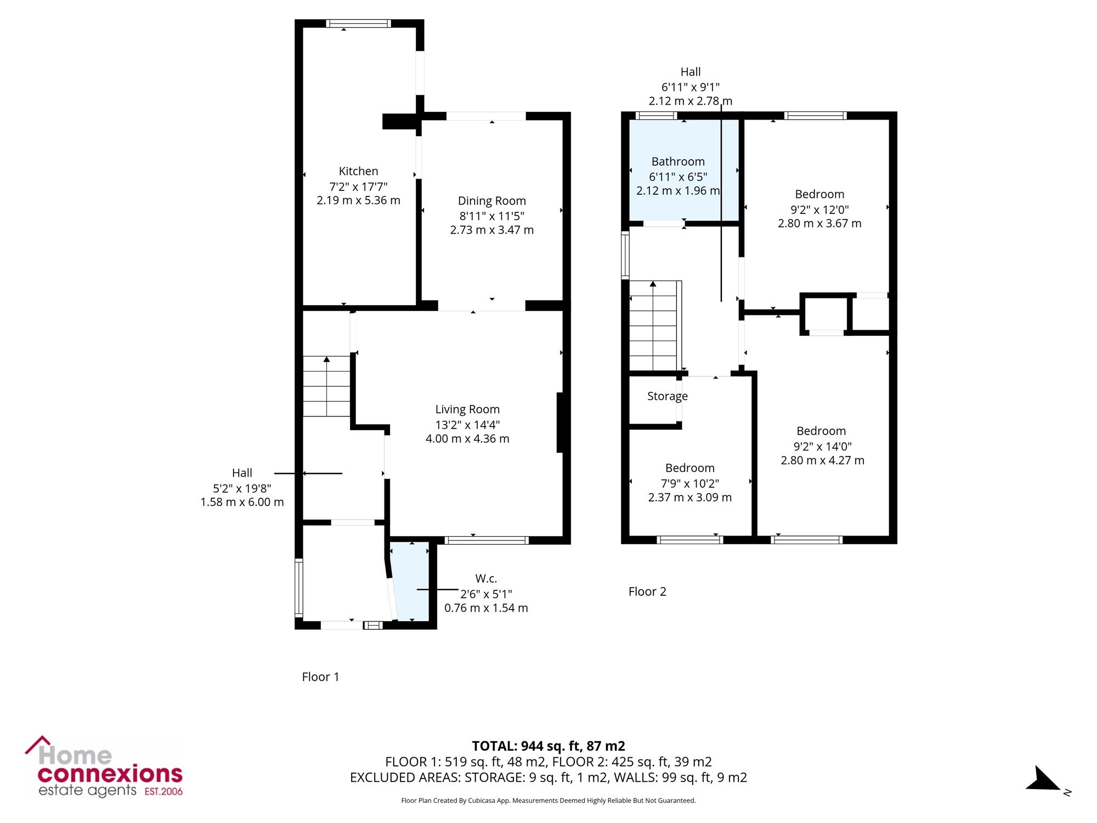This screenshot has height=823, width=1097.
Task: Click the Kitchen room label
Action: (x=358, y=171)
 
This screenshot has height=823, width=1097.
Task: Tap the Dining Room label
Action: (x=491, y=201)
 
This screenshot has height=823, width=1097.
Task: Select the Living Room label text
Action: (x=467, y=409)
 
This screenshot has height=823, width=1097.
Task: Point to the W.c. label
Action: (x=486, y=578)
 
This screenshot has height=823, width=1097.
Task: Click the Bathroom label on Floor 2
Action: (x=678, y=161)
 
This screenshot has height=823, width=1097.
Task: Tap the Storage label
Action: (x=668, y=396)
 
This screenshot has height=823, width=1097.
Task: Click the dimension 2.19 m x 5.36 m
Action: (x=358, y=200)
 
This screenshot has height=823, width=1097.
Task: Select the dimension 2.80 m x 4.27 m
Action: (x=822, y=460)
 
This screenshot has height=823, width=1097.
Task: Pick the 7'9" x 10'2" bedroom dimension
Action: (x=690, y=483)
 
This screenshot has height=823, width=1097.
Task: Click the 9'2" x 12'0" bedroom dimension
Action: (x=819, y=209)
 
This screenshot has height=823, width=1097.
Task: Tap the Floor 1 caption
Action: (x=320, y=677)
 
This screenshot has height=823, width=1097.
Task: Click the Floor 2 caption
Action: (x=647, y=591)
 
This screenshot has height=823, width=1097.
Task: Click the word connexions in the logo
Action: (x=110, y=774)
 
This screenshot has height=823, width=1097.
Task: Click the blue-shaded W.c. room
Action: (x=410, y=582)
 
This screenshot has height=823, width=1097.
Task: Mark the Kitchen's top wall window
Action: (x=358, y=24)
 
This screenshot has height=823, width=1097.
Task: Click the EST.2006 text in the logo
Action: (x=163, y=792)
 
